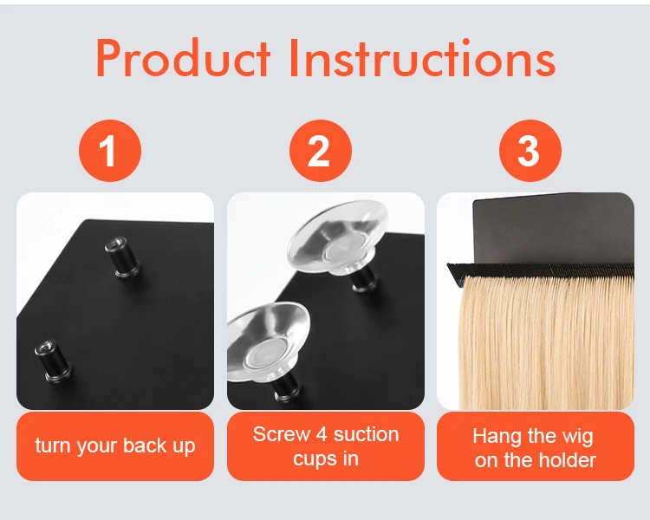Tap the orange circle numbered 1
(110, 151)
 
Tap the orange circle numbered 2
(321, 151)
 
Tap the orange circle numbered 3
(530, 151)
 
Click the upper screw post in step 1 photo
(121, 257)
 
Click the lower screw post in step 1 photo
(52, 361)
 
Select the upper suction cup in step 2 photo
(338, 237)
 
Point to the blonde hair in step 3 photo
(547, 342)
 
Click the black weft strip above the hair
(540, 270)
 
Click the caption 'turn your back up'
(114, 445)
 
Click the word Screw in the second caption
(282, 434)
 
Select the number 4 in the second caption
(322, 434)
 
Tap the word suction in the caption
(367, 434)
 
